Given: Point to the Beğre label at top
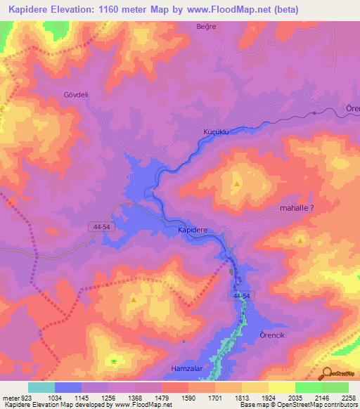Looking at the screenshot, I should coord(205,27).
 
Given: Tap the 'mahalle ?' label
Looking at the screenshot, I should coord(297,208).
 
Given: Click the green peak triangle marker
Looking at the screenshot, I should coord(114,361).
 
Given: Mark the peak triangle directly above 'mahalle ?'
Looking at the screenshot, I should coord(237,184).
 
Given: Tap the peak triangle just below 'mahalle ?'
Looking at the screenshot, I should coord(301,240).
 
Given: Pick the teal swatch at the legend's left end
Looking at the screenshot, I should coord(41,387).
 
